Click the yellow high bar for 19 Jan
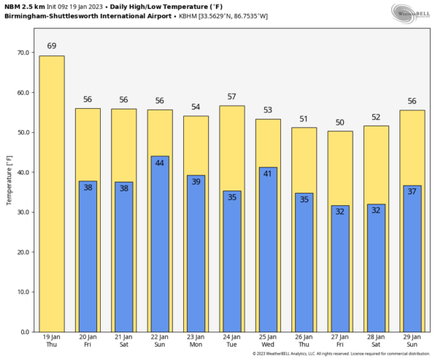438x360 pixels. click(52, 194)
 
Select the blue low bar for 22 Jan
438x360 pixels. click(160, 244)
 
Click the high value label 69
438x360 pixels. click(52, 46)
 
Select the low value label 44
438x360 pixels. click(160, 163)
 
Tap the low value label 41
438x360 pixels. click(268, 174)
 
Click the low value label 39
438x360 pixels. click(196, 182)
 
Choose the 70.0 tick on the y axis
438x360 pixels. click(23, 53)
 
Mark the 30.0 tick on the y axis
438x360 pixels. click(23, 212)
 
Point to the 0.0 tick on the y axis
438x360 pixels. click(25, 332)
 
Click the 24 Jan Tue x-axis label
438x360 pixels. click(232, 341)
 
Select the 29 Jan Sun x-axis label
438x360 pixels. click(412, 341)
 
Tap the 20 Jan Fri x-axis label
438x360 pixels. click(88, 341)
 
